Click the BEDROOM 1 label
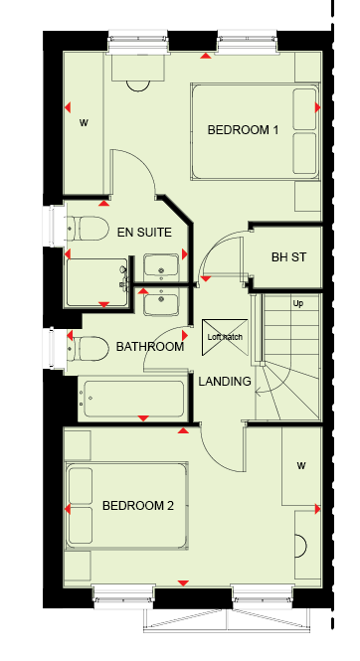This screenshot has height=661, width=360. click(x=243, y=130)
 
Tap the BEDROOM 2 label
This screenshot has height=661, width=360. click(x=138, y=506)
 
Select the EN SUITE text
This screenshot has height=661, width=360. click(x=144, y=233)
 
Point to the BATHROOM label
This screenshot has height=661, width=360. click(x=150, y=347)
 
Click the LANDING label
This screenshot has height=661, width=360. click(x=225, y=382)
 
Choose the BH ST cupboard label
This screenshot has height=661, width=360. click(x=288, y=257)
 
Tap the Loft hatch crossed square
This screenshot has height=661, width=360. click(x=225, y=337)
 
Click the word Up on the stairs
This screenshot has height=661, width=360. click(x=298, y=303)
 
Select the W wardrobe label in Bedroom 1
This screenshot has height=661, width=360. click(x=84, y=123)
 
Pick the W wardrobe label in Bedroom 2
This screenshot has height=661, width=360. click(x=301, y=466)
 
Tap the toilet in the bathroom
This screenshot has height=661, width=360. click(x=88, y=349)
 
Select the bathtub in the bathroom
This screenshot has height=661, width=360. click(x=133, y=399)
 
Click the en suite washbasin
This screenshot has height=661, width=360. click(x=161, y=265)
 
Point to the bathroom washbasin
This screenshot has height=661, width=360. click(x=161, y=300)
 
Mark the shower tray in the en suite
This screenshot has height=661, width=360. click(x=96, y=282)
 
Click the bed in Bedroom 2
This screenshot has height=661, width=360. click(x=126, y=506)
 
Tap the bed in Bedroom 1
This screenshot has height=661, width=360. click(x=255, y=132)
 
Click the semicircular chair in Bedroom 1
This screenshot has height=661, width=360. click(x=138, y=85)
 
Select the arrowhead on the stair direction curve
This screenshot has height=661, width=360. click(x=259, y=393)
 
